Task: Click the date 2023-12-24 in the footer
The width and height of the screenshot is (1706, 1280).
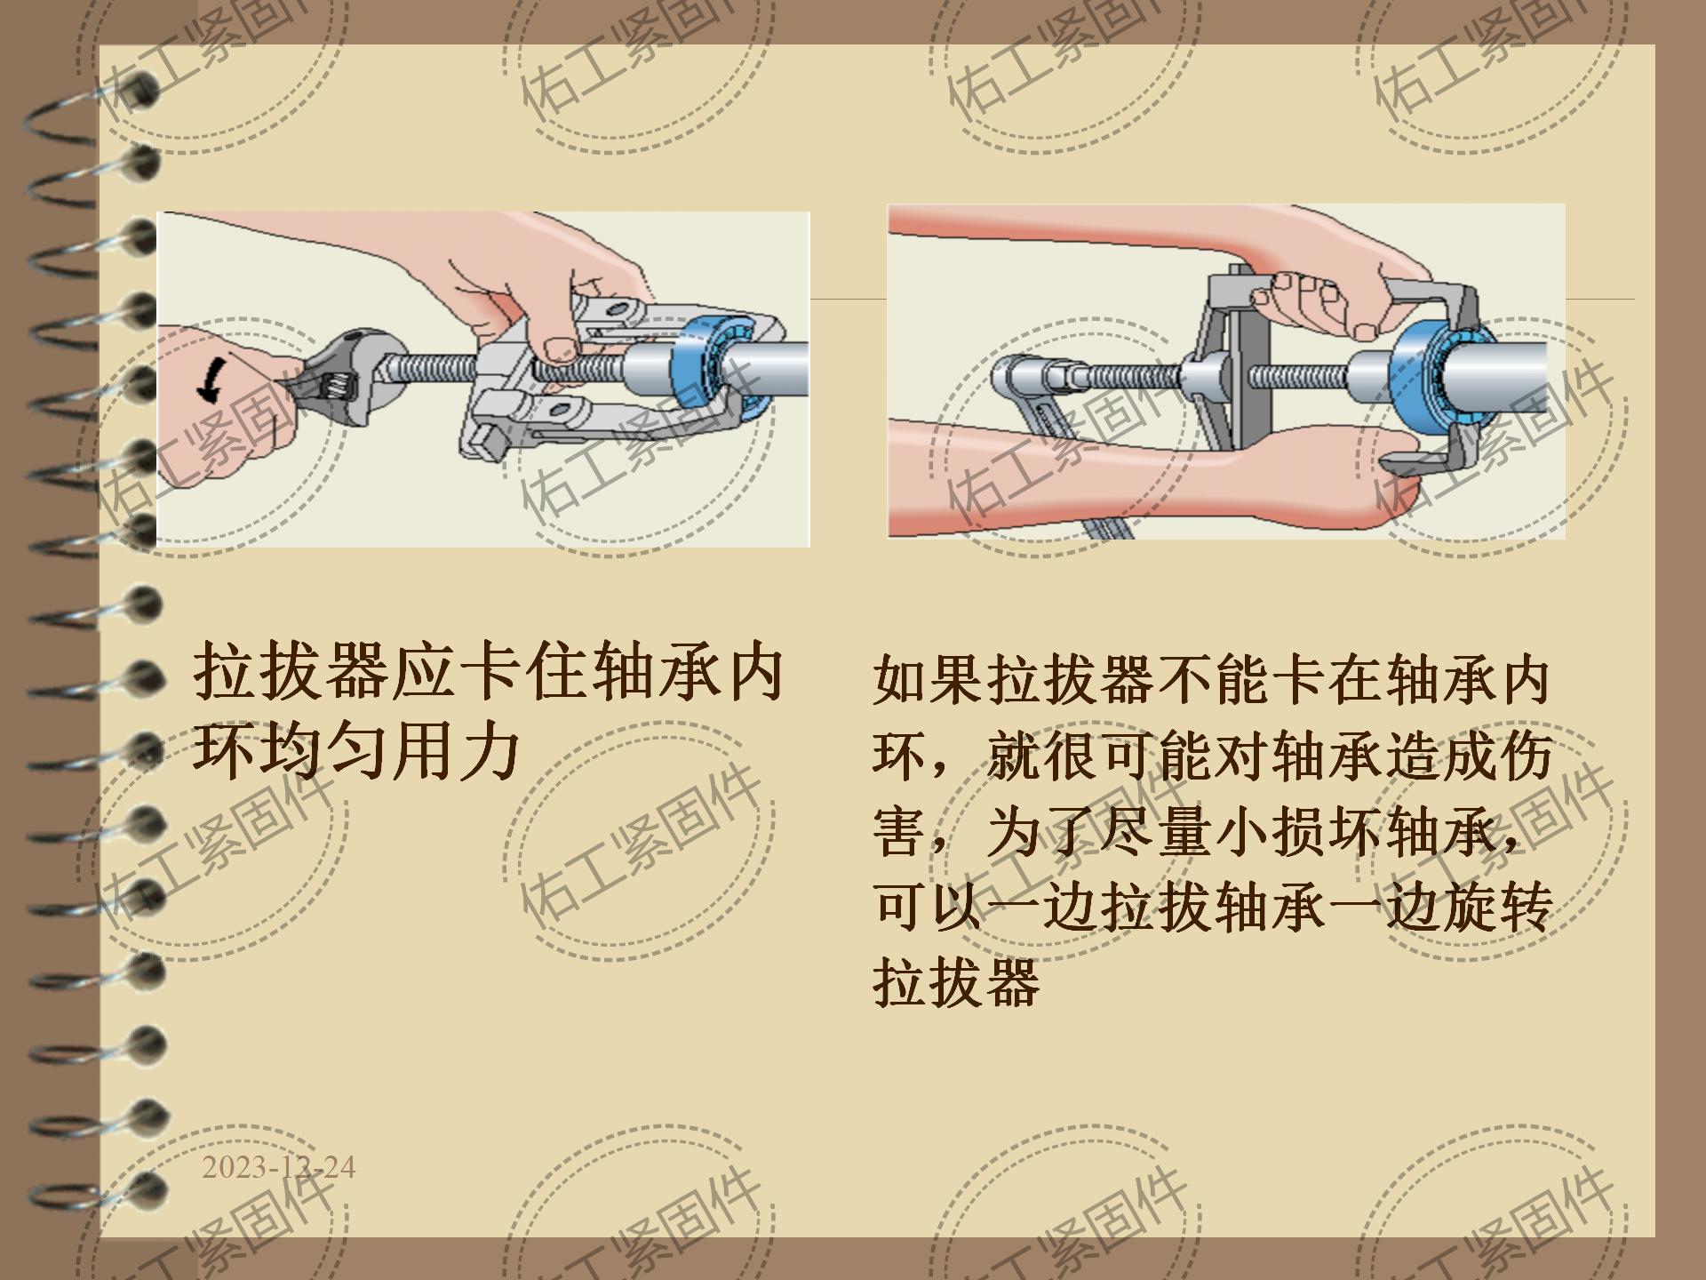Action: click(x=278, y=1167)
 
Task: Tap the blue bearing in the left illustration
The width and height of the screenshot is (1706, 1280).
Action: click(x=722, y=365)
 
